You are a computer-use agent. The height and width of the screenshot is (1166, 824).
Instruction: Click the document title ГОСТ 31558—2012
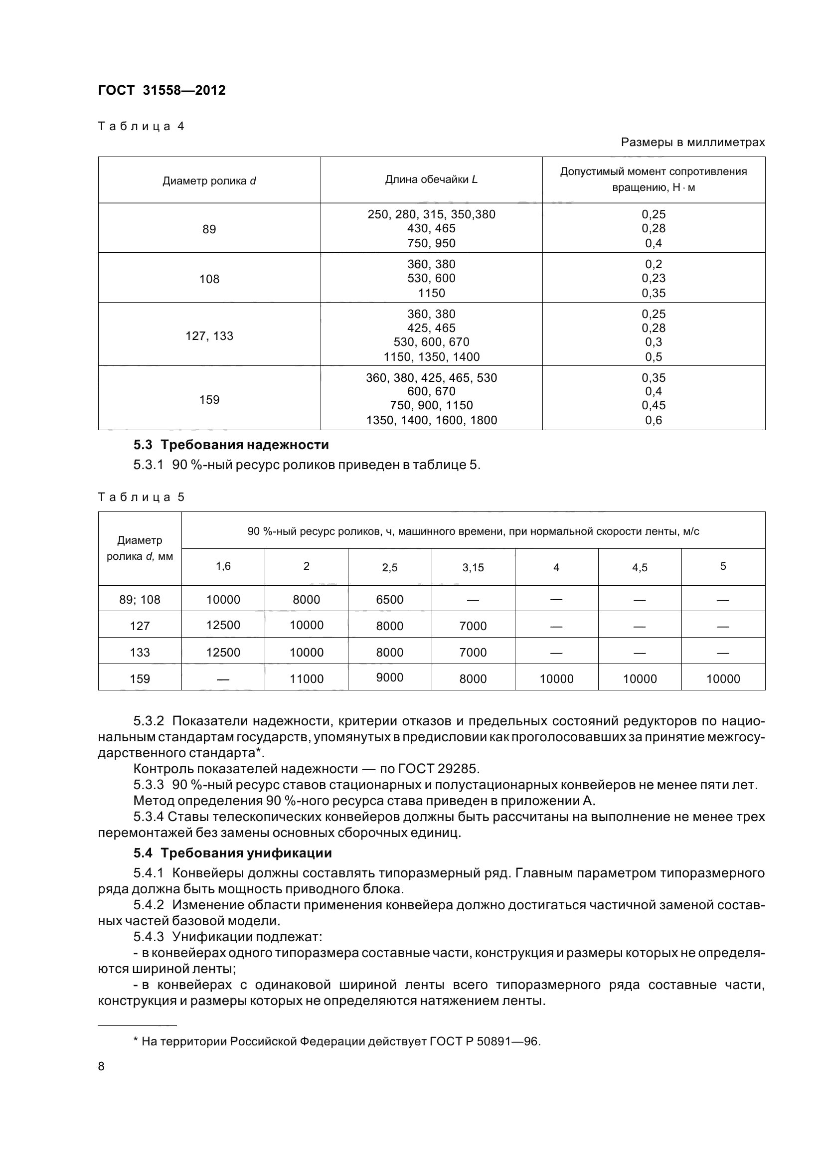162,90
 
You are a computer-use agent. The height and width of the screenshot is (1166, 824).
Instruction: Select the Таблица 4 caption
141,126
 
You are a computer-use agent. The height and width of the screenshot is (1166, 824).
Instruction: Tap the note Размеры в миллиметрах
692,142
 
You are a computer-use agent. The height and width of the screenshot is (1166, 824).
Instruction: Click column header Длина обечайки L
431,179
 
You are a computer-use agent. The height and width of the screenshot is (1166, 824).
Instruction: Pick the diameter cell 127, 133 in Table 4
209,335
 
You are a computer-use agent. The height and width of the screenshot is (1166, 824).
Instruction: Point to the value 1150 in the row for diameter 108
431,293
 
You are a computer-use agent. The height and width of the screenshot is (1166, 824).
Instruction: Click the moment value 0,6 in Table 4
654,420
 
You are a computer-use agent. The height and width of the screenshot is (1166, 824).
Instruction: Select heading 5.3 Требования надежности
231,445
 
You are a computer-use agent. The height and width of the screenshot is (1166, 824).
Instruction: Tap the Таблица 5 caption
141,497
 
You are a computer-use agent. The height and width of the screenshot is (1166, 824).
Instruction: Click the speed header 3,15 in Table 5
473,568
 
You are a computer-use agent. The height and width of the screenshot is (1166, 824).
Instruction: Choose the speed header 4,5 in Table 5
639,568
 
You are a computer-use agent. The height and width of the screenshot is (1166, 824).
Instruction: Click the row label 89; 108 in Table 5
140,600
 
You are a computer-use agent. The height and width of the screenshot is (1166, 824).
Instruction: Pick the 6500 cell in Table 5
389,600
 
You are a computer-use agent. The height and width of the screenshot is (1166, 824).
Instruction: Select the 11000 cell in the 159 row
306,679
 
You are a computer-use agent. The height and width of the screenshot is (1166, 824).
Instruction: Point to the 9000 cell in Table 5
389,677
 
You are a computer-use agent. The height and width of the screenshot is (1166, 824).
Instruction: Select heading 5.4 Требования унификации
232,853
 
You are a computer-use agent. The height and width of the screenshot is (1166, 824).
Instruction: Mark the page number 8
101,1066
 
